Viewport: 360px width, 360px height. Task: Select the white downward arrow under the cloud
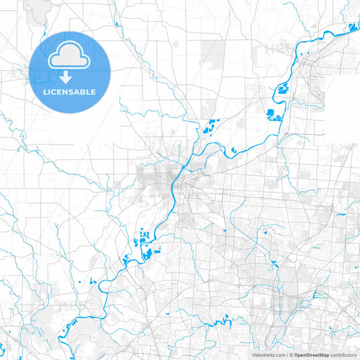pos(70,76)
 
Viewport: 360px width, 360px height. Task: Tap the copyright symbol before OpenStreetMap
pos(291,355)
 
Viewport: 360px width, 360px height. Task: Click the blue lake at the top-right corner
pos(352,28)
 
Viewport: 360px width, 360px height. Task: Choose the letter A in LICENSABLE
pos(82,91)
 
